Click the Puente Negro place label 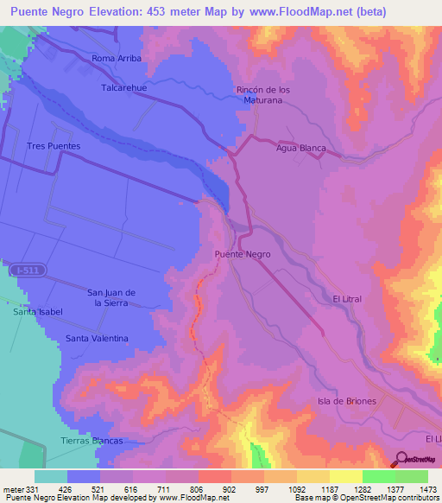tap(243, 254)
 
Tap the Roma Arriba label tap(116, 59)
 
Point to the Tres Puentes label tap(54, 146)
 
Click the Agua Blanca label tap(300, 148)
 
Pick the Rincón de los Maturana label tap(271, 95)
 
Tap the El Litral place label tap(346, 298)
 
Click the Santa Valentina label tap(98, 338)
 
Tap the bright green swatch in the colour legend tap(379, 476)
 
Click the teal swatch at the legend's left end tap(51, 476)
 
